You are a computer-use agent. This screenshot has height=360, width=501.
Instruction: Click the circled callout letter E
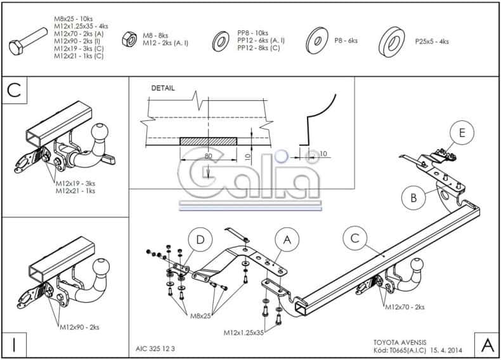[462, 132]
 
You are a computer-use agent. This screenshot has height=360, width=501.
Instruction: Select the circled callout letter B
[413, 198]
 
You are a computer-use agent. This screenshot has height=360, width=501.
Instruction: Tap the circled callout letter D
[200, 240]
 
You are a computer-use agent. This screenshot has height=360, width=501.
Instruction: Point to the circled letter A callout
[287, 239]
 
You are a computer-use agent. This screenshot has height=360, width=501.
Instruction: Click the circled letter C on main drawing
[355, 238]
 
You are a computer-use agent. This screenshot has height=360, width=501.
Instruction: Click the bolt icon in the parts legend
[28, 42]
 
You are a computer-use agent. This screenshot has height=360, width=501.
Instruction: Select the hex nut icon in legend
[129, 39]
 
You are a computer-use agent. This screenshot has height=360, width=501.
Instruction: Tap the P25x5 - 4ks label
[432, 42]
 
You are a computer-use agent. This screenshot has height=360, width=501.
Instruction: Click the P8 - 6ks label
[346, 41]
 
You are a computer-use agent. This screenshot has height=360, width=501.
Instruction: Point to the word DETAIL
[163, 88]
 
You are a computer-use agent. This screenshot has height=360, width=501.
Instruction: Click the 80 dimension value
[208, 156]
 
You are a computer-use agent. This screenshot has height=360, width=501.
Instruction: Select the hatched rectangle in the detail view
[208, 141]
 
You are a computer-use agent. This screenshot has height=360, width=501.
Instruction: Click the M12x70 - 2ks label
[405, 307]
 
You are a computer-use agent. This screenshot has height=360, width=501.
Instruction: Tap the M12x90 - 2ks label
[79, 327]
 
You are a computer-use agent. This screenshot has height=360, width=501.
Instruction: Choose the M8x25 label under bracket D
[200, 316]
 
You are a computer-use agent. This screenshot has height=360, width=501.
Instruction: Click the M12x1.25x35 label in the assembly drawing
[244, 333]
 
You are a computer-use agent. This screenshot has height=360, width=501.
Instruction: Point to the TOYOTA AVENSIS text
[400, 343]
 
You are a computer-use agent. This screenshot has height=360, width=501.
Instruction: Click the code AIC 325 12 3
[155, 349]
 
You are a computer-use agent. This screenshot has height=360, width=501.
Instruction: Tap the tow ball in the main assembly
[416, 265]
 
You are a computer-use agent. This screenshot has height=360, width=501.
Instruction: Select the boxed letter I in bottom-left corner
[14, 345]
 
